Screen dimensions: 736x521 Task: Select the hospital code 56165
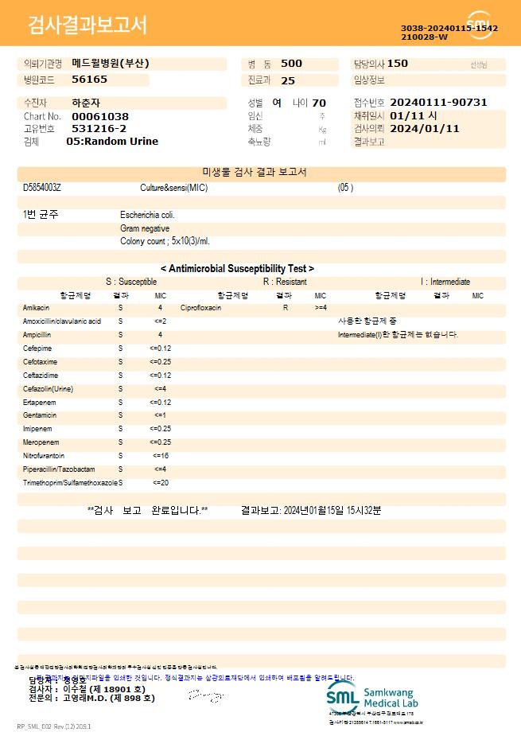click(89, 80)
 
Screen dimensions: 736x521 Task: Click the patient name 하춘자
click(86, 103)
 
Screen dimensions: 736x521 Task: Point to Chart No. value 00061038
click(100, 116)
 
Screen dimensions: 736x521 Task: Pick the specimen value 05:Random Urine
click(112, 142)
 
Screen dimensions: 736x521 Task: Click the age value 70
click(319, 103)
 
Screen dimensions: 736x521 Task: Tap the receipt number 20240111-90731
click(438, 103)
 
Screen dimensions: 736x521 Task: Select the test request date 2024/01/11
click(425, 128)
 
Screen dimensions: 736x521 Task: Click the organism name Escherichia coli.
click(147, 215)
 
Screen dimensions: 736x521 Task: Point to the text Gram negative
click(145, 228)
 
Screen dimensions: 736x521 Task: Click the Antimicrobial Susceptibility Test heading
click(237, 269)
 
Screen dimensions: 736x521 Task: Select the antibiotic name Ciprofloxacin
click(200, 307)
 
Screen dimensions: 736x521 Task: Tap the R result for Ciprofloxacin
click(286, 307)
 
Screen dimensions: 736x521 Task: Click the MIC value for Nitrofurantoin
click(160, 456)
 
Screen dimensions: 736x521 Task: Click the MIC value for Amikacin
click(160, 307)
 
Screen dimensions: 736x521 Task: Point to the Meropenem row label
click(40, 442)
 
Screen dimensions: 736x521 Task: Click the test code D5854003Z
click(42, 188)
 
